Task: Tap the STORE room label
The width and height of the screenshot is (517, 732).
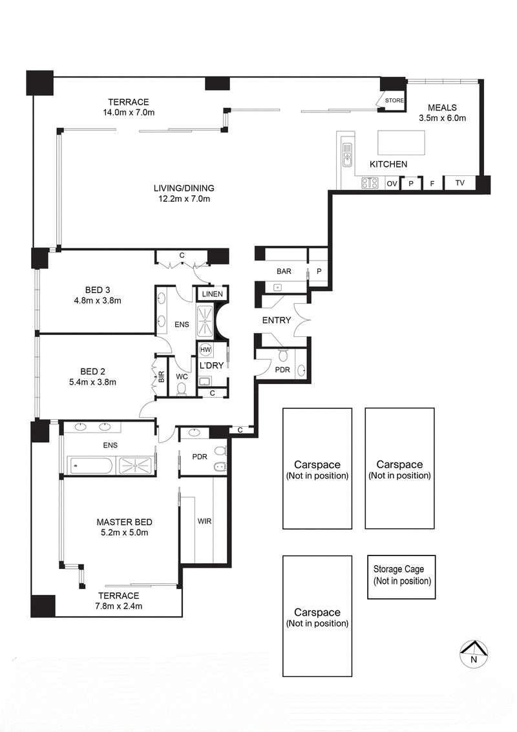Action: coord(394,101)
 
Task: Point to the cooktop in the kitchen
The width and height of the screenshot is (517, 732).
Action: coord(370,184)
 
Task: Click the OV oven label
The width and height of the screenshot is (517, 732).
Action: coord(392,184)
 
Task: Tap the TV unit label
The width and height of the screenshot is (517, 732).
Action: coord(460,183)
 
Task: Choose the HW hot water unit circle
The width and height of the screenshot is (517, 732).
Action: coord(206,350)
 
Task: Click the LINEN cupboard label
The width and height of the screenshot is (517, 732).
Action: coord(212,294)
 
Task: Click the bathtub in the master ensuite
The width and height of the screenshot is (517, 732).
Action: coord(90,463)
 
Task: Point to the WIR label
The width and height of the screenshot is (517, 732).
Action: coord(204,521)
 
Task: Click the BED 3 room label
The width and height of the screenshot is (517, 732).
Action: coord(99,289)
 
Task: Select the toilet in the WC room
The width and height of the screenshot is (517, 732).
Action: coord(182,388)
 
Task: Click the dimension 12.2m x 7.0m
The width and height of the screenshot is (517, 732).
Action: coord(184,199)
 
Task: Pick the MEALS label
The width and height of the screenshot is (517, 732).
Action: coord(443,107)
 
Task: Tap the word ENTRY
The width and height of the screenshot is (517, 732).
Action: coord(276,320)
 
